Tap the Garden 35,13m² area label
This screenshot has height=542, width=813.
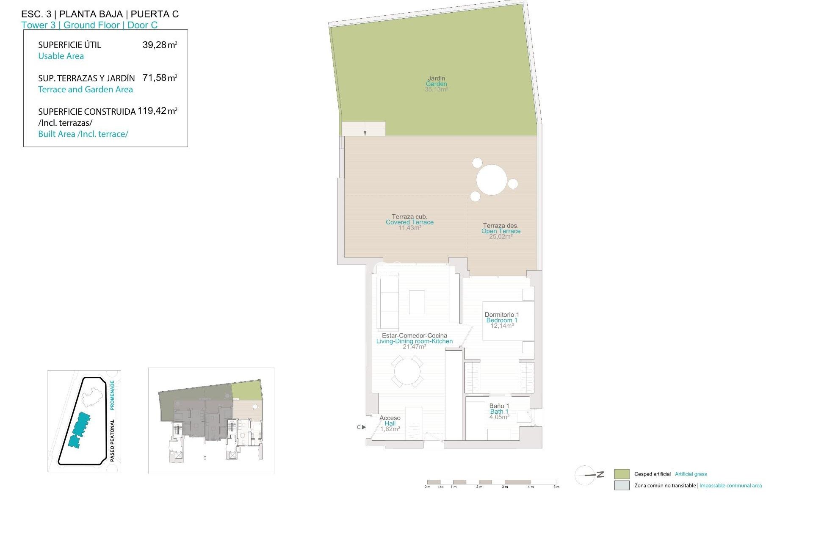click(x=436, y=84)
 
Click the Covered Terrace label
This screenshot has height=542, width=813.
click(x=409, y=222)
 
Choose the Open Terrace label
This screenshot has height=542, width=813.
click(x=501, y=231)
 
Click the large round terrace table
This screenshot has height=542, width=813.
click(x=492, y=180)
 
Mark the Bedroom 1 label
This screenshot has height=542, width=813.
click(x=502, y=320)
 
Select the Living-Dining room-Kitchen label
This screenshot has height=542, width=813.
click(x=414, y=341)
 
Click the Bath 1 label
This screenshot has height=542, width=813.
click(x=499, y=412)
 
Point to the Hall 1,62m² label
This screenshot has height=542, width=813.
click(x=390, y=423)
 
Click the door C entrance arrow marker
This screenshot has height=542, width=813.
click(x=363, y=427)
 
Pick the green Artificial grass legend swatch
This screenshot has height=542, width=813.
click(x=622, y=474)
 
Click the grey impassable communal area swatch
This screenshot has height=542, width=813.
click(x=622, y=486)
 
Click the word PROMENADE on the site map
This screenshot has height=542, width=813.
click(x=112, y=395)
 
